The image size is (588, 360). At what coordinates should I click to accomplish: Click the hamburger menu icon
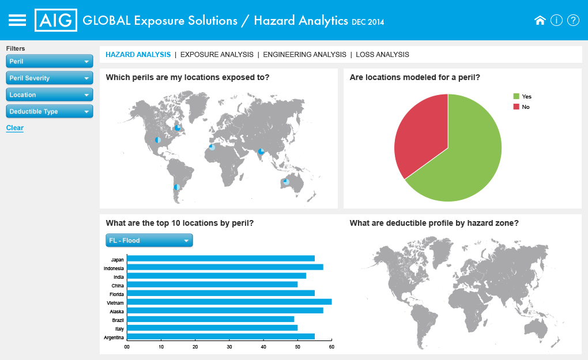pyautogui.click(x=17, y=20)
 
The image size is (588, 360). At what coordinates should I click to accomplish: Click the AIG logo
pyautogui.click(x=56, y=20)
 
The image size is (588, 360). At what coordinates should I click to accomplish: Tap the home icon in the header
pyautogui.click(x=540, y=20)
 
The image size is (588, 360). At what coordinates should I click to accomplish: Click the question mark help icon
pyautogui.click(x=573, y=20)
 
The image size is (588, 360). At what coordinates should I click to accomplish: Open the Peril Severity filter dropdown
pyautogui.click(x=50, y=78)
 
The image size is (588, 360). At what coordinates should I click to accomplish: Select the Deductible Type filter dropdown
pyautogui.click(x=50, y=111)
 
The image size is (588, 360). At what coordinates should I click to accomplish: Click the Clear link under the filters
pyautogui.click(x=14, y=128)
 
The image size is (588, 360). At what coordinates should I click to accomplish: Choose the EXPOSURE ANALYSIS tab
pyautogui.click(x=217, y=55)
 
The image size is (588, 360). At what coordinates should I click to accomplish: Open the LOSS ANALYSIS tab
pyautogui.click(x=383, y=55)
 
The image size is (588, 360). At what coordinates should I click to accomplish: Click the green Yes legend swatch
pyautogui.click(x=517, y=96)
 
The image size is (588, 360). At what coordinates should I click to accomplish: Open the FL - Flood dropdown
pyautogui.click(x=149, y=241)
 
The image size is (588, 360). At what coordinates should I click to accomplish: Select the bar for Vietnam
pyautogui.click(x=229, y=302)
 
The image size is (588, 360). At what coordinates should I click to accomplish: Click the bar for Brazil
pyautogui.click(x=211, y=319)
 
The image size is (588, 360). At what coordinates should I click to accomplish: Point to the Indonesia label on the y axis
pyautogui.click(x=114, y=268)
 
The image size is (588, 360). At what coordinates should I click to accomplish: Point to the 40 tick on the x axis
pyautogui.click(x=263, y=347)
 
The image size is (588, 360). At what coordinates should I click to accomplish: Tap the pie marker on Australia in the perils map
pyautogui.click(x=286, y=181)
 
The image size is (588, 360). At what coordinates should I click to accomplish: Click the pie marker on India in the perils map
pyautogui.click(x=261, y=151)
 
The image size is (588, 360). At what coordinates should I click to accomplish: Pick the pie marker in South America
pyautogui.click(x=177, y=187)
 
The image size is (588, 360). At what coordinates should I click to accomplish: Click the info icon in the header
pyautogui.click(x=556, y=20)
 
